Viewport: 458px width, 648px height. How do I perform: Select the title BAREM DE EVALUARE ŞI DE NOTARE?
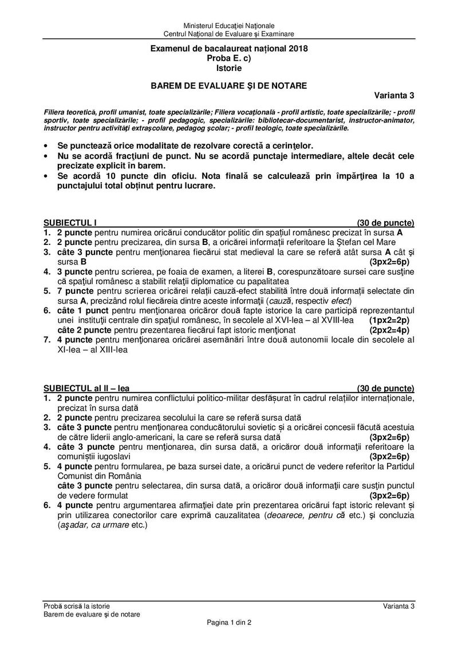tap(228, 85)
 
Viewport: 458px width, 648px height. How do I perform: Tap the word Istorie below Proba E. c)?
tap(228, 68)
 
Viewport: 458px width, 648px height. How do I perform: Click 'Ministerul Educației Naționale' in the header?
tap(229, 26)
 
